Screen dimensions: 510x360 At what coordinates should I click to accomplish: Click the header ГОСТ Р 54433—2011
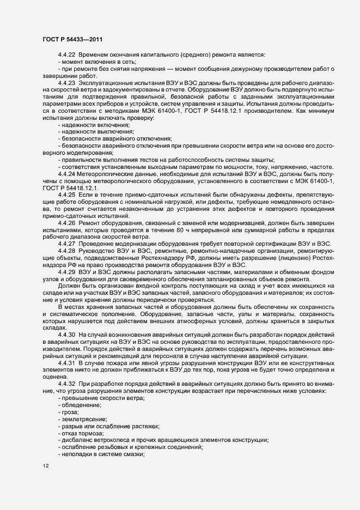72,39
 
